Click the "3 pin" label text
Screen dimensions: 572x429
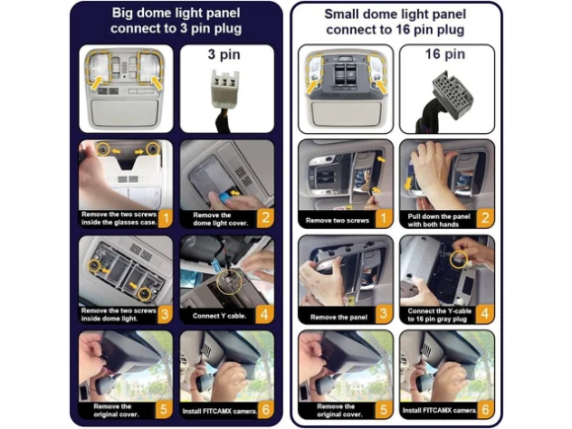pos(224,54)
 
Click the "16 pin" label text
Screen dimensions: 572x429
pos(445,54)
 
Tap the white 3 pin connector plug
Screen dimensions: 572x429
pos(225,89)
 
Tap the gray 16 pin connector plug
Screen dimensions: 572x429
pos(453,95)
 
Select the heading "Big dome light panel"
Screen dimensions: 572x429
pos(176,13)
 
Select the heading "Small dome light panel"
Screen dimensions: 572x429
pos(395,14)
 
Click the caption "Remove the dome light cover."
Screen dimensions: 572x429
pos(220,219)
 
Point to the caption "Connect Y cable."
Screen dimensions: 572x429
pos(219,316)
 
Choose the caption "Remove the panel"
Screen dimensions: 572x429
pos(338,318)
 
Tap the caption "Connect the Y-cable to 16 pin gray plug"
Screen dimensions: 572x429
pos(439,316)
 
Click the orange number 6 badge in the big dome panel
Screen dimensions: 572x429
pos(265,410)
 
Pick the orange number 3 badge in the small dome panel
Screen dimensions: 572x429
pos(383,314)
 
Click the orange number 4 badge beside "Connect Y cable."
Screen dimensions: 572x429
pos(264,314)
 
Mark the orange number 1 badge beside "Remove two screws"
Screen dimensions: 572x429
pos(383,219)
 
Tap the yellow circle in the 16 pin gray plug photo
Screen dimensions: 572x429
pos(459,259)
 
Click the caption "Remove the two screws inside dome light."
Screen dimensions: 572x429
pos(118,315)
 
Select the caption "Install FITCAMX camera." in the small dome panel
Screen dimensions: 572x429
pos(440,410)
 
